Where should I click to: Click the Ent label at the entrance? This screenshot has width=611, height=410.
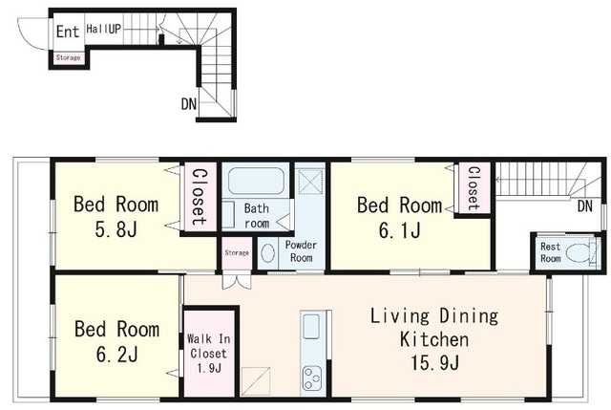pos(68,32)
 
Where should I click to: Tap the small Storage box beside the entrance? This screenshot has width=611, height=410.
pos(68,57)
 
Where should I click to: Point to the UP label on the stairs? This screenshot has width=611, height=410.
pos(115,29)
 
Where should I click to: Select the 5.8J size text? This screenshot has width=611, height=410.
pos(116,229)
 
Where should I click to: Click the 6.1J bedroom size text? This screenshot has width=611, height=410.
pos(400,230)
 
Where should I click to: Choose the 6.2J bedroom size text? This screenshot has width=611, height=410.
pos(116,355)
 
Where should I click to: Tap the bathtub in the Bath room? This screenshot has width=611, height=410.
pos(256,181)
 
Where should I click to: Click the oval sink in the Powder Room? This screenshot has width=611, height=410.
pos(267,253)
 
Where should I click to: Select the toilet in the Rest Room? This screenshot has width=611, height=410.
pos(578,253)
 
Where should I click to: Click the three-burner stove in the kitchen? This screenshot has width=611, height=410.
pos(312,378)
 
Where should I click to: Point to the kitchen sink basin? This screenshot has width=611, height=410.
pos(311,326)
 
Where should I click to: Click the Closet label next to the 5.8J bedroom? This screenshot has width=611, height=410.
pos(200,197)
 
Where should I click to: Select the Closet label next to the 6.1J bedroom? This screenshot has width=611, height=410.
pos(474,188)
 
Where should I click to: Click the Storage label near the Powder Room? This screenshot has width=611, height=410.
pos(237,253)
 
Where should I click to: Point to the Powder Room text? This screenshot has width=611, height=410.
pos(301,251)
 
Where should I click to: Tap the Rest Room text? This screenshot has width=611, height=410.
pos(551,252)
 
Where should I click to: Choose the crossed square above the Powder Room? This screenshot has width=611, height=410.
pos(310,182)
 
